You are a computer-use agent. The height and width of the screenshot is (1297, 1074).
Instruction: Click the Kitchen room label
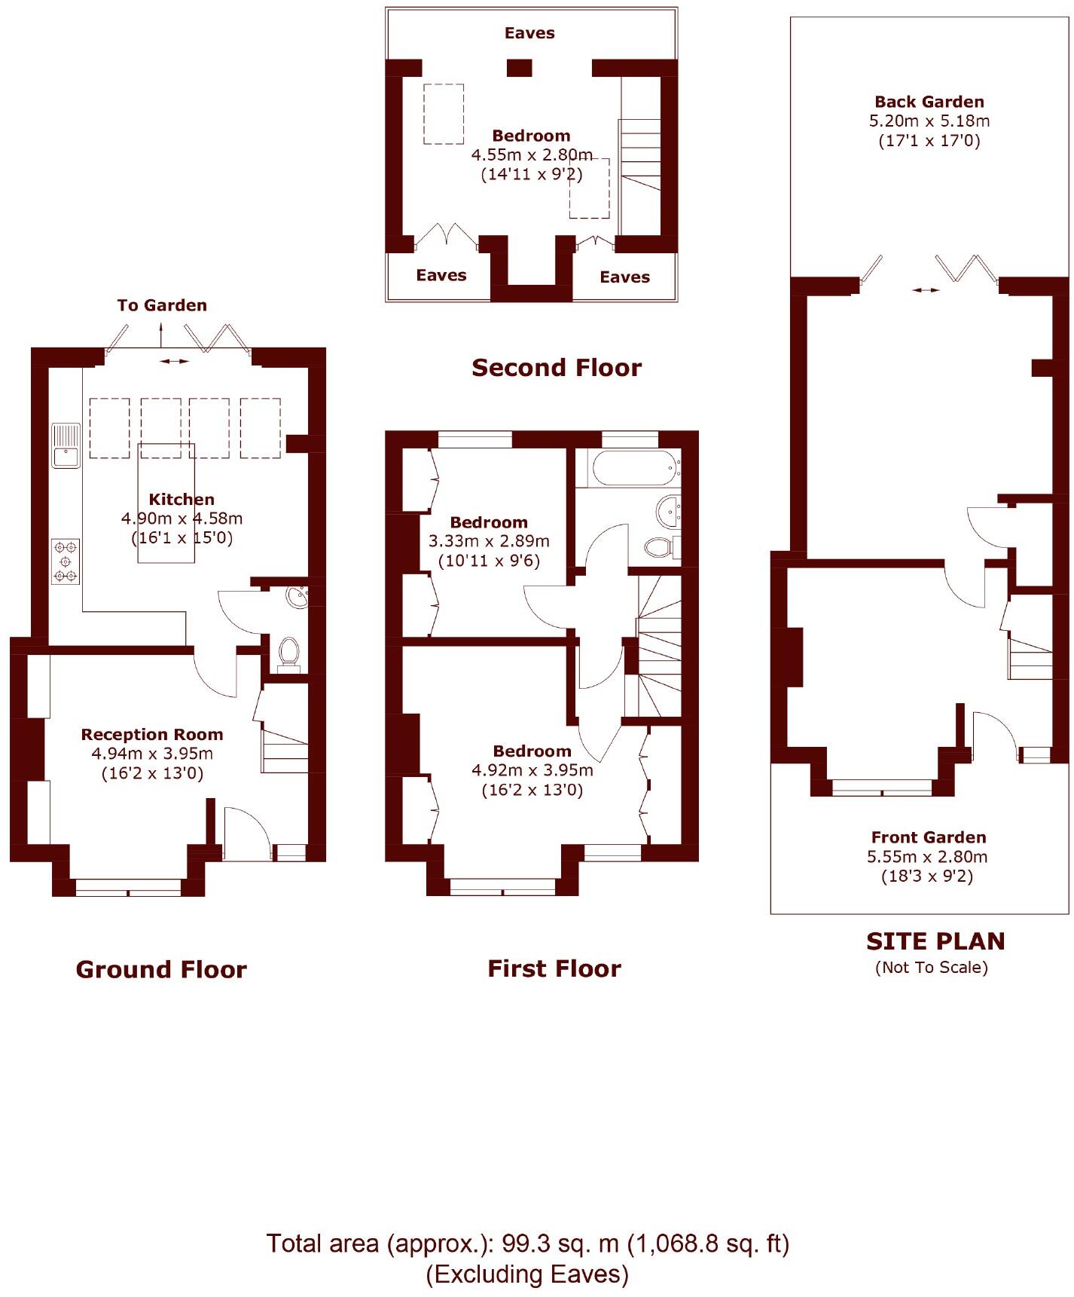pos(182,499)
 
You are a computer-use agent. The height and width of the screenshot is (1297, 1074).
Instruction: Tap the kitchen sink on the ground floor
pos(66,446)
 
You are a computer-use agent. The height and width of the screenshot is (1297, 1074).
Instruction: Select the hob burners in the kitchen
pos(66,561)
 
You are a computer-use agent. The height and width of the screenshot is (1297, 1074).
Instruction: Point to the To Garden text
pos(162,305)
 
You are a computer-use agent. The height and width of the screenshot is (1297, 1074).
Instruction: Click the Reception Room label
pos(152,734)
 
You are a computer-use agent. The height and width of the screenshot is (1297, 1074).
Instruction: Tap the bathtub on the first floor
pos(631,468)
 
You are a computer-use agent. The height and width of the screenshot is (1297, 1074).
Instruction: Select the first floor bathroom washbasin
pos(668,512)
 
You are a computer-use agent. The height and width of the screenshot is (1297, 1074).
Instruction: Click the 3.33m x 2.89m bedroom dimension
pos(489,541)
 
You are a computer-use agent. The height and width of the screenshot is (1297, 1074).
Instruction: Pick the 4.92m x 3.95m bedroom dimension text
pos(532,770)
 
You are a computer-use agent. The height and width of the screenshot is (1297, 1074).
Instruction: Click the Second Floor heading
pos(557,368)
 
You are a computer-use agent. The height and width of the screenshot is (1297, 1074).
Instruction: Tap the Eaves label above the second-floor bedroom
pos(529,33)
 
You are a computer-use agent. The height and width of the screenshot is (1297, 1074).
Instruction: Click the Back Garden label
pos(929,102)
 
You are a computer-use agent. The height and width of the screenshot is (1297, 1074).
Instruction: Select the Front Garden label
pos(929,837)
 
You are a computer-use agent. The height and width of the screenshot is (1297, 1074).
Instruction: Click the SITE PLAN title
pos(935,941)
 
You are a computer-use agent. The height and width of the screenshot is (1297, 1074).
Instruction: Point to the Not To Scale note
pos(931,967)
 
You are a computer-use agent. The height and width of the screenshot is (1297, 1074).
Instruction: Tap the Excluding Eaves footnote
pos(527,1274)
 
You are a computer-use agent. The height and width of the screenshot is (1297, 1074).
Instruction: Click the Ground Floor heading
pos(161,969)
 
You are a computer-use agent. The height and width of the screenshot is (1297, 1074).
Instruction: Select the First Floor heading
pos(554,968)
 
